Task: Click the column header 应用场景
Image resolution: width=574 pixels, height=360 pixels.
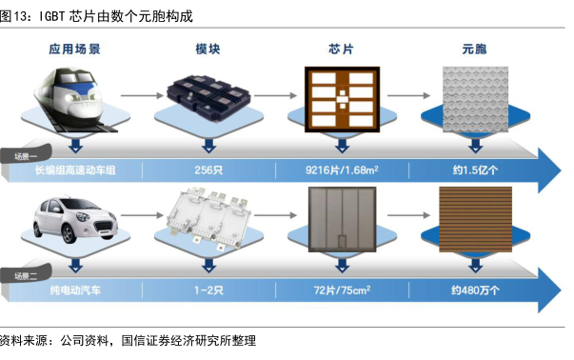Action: [74, 50]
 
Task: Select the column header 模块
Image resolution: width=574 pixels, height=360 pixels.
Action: [208, 50]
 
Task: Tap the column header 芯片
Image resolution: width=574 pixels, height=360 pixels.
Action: [341, 50]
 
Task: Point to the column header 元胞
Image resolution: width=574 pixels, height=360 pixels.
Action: [474, 50]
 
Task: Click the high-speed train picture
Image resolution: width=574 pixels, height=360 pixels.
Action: [73, 99]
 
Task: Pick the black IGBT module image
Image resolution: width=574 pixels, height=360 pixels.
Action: [208, 96]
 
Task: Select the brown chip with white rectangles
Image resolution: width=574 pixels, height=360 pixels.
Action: [343, 99]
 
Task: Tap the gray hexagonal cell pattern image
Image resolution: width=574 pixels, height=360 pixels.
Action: [475, 99]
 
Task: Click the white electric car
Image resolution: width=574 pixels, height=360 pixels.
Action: [75, 220]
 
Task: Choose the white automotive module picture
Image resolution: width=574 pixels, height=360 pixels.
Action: [209, 218]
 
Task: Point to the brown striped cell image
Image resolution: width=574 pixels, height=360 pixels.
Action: [475, 219]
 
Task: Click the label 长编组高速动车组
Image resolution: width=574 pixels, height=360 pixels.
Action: [75, 170]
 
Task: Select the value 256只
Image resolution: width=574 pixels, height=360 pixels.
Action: [208, 170]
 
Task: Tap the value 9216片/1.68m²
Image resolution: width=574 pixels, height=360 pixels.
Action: [342, 170]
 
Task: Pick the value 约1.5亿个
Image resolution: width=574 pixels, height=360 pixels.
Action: [475, 170]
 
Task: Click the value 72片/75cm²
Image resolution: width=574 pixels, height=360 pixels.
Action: [342, 290]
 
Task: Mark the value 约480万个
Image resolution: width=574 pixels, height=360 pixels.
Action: [475, 290]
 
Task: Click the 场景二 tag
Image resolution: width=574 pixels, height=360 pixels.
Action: [26, 275]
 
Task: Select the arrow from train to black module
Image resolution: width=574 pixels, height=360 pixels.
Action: [142, 95]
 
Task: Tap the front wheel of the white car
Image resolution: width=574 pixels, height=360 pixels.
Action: [69, 233]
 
